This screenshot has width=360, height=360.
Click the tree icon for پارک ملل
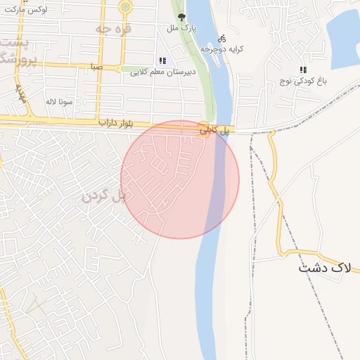click(x=183, y=17)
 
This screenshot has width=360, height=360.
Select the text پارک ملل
click(x=181, y=29)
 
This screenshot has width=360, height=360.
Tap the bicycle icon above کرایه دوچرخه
click(x=222, y=38)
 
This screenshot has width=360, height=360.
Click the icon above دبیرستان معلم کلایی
click(x=163, y=60)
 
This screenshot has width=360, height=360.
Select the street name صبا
click(x=96, y=67)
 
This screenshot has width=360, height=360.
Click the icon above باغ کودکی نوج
click(x=304, y=70)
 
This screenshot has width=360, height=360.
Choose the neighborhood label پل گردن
click(x=103, y=195)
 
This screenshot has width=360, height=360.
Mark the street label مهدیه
click(x=21, y=94)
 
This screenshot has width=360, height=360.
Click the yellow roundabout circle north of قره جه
click(x=125, y=7)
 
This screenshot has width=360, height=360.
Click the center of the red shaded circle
click(x=180, y=180)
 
